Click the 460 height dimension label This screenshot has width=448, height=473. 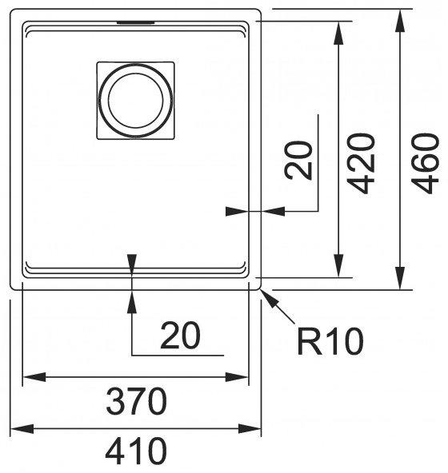point(425,163)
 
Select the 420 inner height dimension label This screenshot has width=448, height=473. point(361,163)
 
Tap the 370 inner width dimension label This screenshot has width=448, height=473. point(136,401)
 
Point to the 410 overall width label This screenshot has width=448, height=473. point(136,451)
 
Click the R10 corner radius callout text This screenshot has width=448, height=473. point(330,341)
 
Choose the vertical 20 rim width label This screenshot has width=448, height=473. point(298,160)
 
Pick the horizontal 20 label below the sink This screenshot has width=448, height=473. point(180,335)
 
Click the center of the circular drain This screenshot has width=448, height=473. point(136,100)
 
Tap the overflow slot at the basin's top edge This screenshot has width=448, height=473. point(136,22)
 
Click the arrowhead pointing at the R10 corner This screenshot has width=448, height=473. point(269,298)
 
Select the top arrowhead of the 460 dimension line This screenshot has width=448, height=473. point(400,20)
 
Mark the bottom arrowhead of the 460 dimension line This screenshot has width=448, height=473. point(400,278)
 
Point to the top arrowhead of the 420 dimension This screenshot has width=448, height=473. point(338,33)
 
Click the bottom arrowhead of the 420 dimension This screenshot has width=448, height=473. point(338,265)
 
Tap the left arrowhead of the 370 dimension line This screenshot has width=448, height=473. point(34,377)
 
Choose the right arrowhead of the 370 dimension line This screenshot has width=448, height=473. point(237,377)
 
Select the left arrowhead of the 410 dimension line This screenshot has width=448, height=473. point(22,428)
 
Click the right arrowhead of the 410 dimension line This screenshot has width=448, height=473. point(250,428)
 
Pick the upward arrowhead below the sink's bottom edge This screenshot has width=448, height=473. point(132,301)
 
